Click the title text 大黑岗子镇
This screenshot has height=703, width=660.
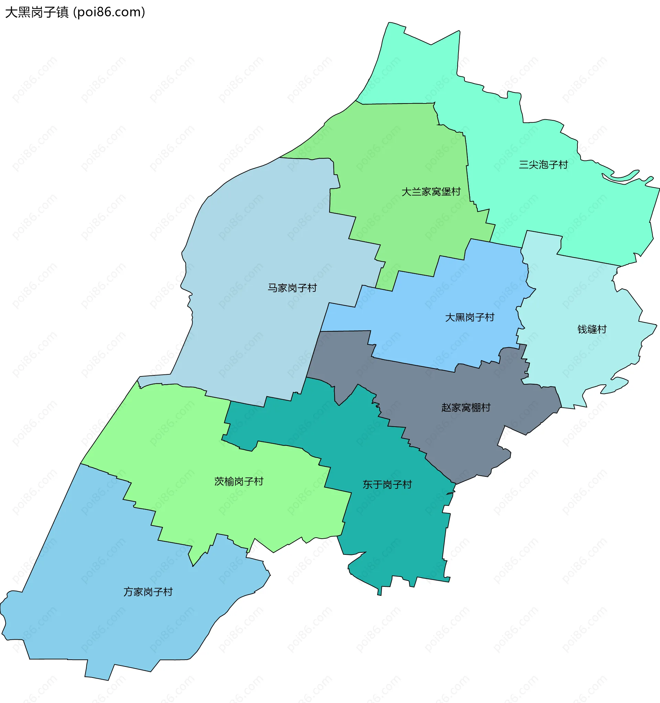[x=37, y=12]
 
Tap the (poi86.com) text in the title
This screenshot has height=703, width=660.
[x=109, y=12]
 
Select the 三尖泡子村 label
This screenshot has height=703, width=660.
[x=543, y=164]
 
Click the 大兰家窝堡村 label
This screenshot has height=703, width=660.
[x=431, y=192]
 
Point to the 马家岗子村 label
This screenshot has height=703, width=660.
[x=292, y=288]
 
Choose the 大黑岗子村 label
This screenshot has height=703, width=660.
[x=469, y=317]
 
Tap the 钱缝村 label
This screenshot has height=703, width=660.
[x=592, y=329]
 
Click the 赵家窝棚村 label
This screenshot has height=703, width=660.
[x=466, y=407]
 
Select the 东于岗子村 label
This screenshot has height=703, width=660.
[x=387, y=484]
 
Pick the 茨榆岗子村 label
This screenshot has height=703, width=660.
[x=239, y=481]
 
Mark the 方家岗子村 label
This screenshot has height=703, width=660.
[x=148, y=592]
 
